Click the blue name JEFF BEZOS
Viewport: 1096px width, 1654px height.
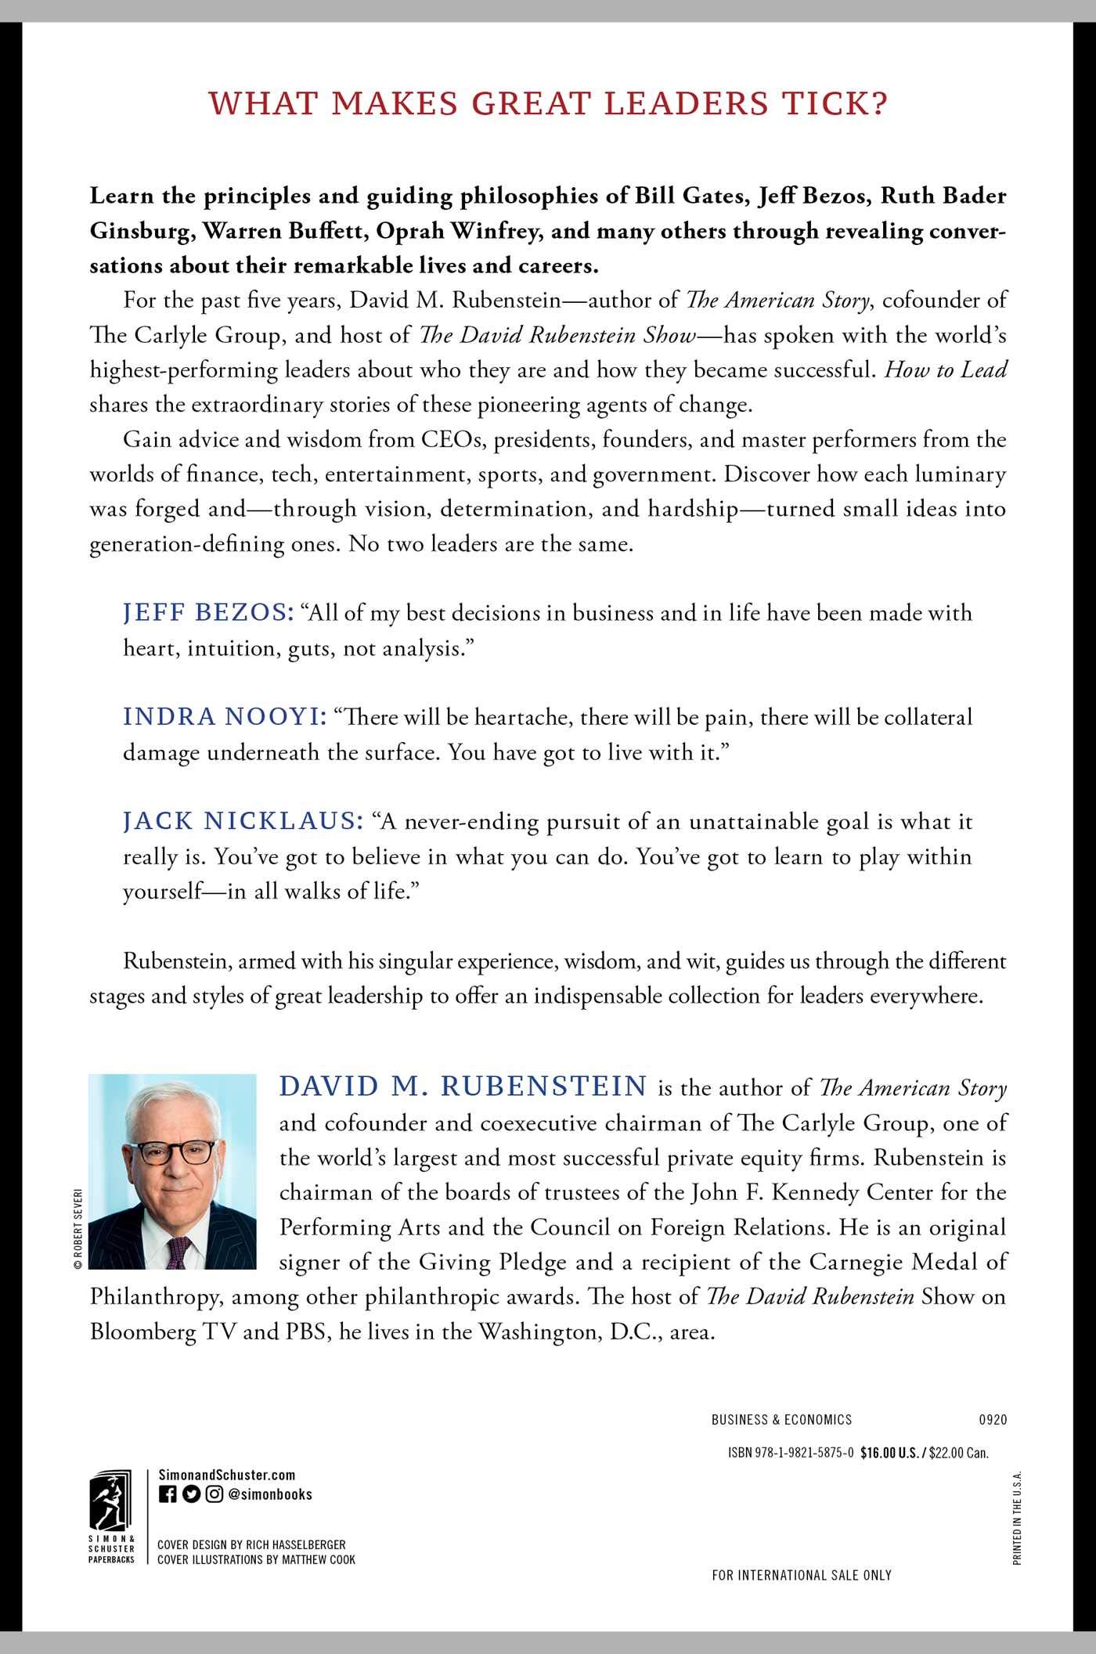[207, 613]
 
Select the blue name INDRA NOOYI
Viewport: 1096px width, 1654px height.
[225, 717]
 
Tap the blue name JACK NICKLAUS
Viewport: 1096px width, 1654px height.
[243, 821]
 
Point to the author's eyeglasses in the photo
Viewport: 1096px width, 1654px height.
[176, 1152]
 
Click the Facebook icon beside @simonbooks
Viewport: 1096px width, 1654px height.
[168, 1494]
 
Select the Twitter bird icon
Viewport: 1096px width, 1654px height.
[191, 1494]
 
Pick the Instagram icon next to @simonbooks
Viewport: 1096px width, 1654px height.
[215, 1494]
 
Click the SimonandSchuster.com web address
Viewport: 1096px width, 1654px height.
[226, 1475]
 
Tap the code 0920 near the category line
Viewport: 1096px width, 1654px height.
[993, 1419]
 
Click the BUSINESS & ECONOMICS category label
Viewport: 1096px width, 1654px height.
[781, 1419]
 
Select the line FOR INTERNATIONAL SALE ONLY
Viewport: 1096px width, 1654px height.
[802, 1575]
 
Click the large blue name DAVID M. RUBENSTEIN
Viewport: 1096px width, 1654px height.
[463, 1086]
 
